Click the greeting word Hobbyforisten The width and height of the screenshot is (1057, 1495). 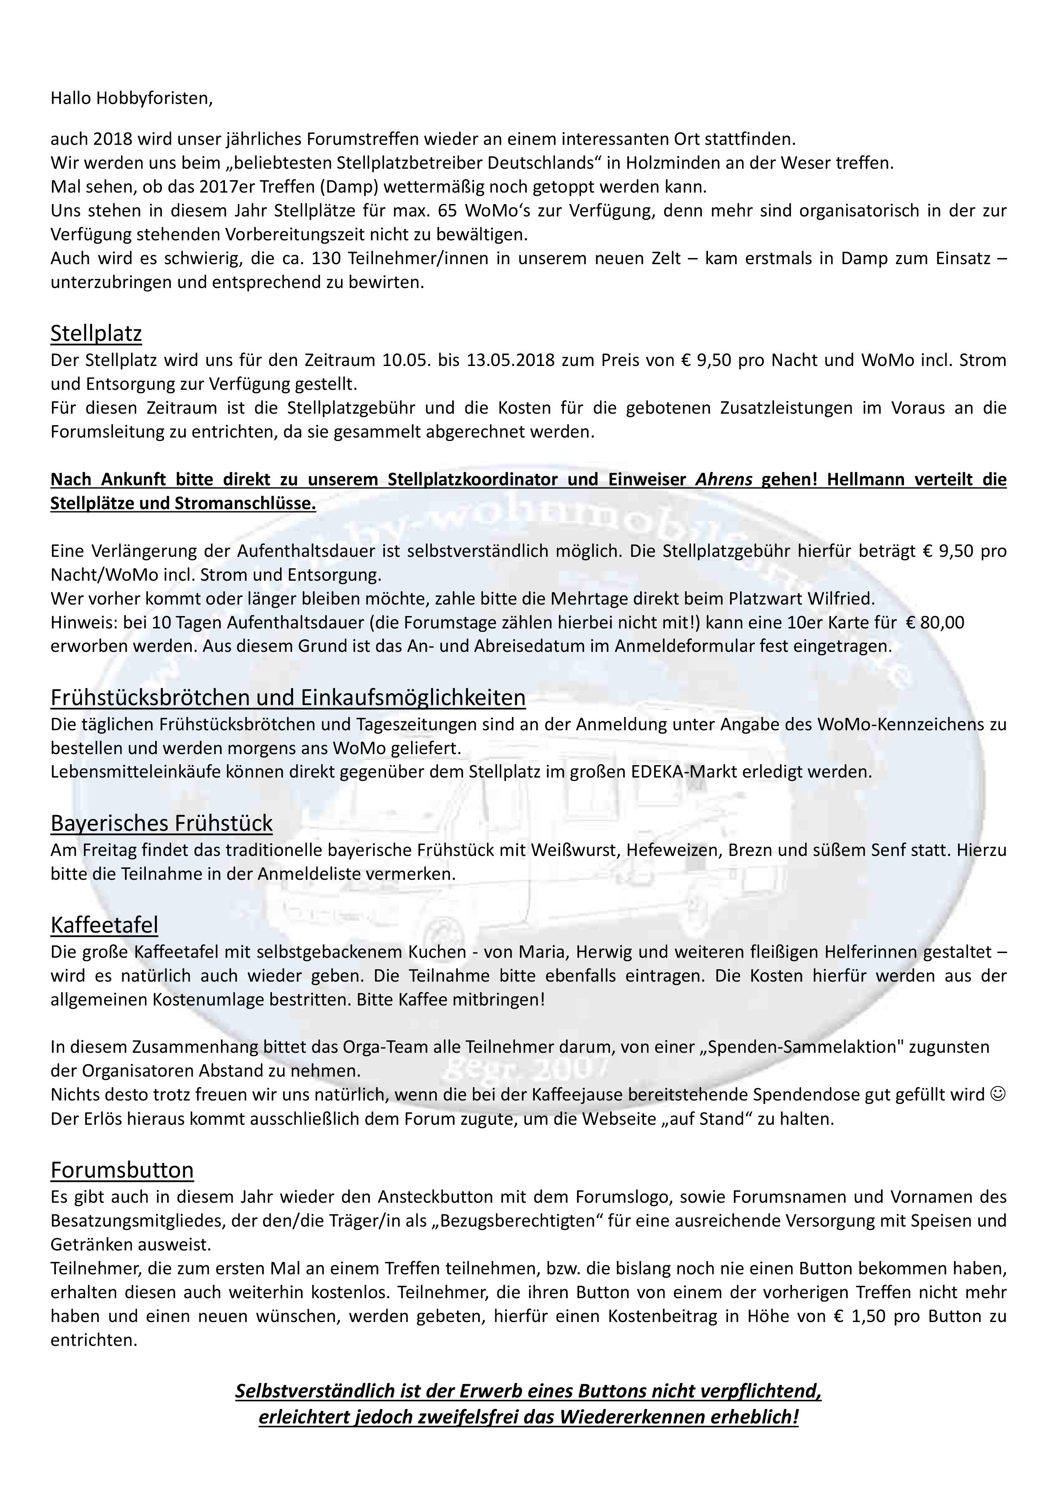[x=154, y=99]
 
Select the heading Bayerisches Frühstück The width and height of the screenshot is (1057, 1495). [x=162, y=823]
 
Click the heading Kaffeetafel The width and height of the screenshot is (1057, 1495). [x=104, y=925]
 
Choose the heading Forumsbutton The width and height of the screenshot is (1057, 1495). [x=122, y=1170]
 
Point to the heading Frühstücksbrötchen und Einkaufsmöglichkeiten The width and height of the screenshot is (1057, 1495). [x=288, y=697]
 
